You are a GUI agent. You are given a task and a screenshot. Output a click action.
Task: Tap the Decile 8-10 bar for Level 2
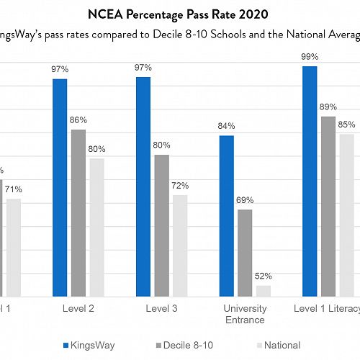[78, 212]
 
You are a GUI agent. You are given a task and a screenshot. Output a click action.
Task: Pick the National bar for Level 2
[97, 227]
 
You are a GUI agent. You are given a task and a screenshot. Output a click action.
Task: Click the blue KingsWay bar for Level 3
[143, 186]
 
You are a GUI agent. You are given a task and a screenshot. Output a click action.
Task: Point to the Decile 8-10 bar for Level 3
[162, 225]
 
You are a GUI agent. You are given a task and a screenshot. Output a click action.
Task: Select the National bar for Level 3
[180, 246]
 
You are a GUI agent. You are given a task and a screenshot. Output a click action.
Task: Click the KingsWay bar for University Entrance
[226, 215]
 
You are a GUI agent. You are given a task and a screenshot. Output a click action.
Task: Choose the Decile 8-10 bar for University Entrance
[245, 253]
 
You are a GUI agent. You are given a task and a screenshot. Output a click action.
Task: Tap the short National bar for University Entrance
[264, 291]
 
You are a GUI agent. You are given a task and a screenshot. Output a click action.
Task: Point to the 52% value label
[264, 276]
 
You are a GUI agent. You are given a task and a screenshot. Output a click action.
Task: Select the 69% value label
[246, 199]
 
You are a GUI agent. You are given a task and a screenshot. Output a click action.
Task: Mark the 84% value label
[227, 126]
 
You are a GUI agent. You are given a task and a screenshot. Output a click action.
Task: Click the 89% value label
[328, 107]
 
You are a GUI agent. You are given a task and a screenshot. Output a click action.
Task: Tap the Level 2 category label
[78, 309]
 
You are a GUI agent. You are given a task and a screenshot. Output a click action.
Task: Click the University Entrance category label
[245, 314]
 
